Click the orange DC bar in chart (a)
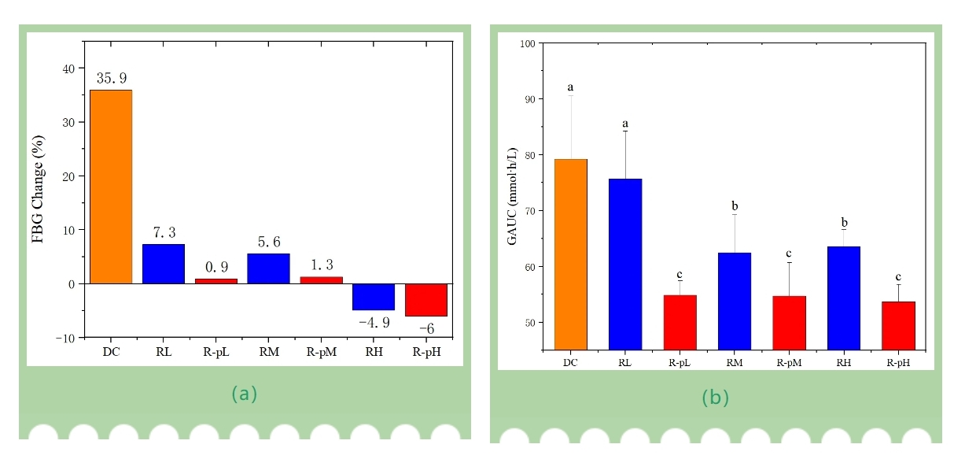tap(111, 187)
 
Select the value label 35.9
tap(111, 79)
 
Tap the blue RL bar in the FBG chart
tap(164, 264)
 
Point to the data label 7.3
tap(164, 233)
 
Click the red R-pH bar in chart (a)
tap(426, 300)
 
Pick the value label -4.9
tap(374, 323)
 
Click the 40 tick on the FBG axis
tap(69, 68)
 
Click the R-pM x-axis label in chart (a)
tap(321, 351)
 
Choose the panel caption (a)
tap(244, 394)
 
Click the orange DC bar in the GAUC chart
tap(571, 254)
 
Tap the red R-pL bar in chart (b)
tap(680, 322)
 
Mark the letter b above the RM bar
tap(735, 206)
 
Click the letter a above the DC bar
tap(571, 87)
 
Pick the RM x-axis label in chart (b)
tap(735, 363)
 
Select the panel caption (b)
tap(716, 398)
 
